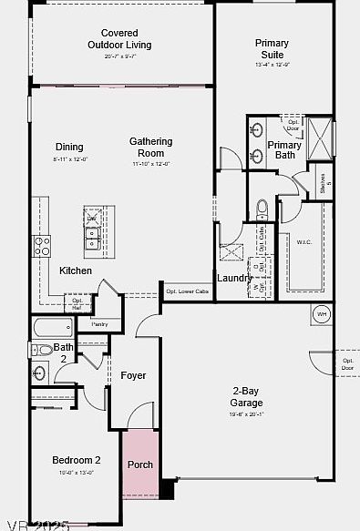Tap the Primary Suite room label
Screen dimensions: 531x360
[272, 48]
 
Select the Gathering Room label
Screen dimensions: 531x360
[151, 147]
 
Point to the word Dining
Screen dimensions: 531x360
[69, 147]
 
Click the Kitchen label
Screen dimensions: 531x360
[76, 271]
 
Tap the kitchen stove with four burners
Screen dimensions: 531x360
[42, 244]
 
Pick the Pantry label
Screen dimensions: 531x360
[99, 323]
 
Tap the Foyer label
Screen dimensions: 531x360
[133, 375]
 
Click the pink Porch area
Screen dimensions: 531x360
[140, 465]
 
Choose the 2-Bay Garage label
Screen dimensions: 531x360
[246, 397]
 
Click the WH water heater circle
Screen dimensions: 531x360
[322, 314]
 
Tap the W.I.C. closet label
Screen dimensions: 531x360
[304, 241]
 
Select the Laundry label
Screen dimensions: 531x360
[235, 278]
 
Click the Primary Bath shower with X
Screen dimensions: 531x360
[319, 136]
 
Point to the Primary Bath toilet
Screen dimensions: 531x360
[262, 209]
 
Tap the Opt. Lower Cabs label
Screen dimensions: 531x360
[187, 291]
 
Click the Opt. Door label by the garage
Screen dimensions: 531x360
[347, 363]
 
